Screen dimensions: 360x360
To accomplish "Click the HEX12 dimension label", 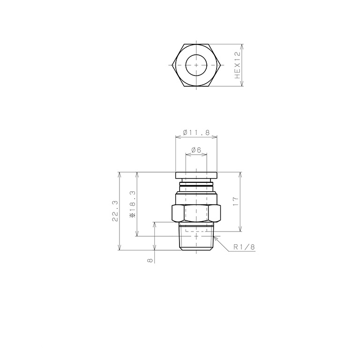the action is tap(237, 65).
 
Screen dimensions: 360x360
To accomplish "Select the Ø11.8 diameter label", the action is tap(196, 133).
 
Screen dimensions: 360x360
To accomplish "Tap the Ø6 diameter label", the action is tap(196, 150).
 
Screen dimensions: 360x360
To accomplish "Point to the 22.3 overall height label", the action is tap(115, 211).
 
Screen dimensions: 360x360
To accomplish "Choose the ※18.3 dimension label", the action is tap(133, 204).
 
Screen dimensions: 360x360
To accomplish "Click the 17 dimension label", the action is tap(236, 202).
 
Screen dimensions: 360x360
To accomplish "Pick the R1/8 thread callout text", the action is tap(244, 247).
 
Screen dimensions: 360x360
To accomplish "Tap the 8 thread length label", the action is tap(150, 260).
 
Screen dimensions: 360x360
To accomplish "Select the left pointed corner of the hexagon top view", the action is tap(172, 65).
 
